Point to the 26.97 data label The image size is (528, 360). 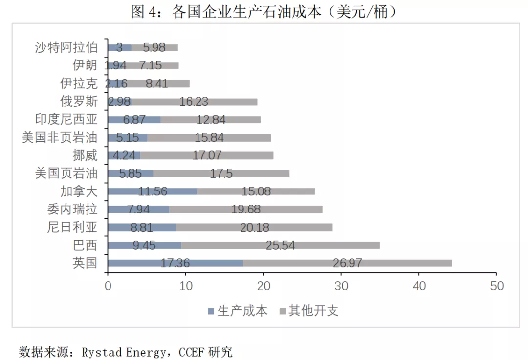(x=348, y=263)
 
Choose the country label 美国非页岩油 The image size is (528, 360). (x=60, y=138)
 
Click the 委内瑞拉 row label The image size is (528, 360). (x=73, y=210)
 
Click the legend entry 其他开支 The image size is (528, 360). (x=313, y=311)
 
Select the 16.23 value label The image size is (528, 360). (x=194, y=102)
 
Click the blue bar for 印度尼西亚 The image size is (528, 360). (x=134, y=120)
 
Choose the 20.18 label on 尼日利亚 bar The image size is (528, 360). (x=254, y=228)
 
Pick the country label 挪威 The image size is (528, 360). (x=85, y=156)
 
